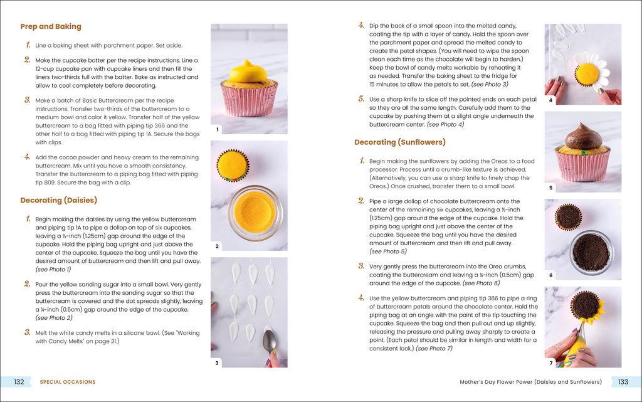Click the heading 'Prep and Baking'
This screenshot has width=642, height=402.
coord(51,26)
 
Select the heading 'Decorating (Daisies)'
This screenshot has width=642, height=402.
coord(60,200)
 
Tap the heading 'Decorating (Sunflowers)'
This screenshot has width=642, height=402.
coord(400,142)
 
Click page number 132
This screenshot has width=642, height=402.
coord(19,381)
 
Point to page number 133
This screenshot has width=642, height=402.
coord(623,381)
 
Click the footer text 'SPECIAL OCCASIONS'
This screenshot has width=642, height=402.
coord(68,381)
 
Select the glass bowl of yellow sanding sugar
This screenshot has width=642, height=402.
coord(255,212)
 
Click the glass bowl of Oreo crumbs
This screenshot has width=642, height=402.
coord(591,251)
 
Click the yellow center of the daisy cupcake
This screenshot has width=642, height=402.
coord(587,74)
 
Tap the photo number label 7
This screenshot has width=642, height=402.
coord(550,362)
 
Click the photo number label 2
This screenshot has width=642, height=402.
coord(217,246)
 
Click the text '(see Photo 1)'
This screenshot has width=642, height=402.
coord(53,269)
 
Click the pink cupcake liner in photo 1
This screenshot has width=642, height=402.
coord(249,100)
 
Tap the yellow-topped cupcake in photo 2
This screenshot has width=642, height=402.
coord(232,164)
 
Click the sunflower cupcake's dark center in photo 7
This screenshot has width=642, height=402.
coord(586,305)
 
